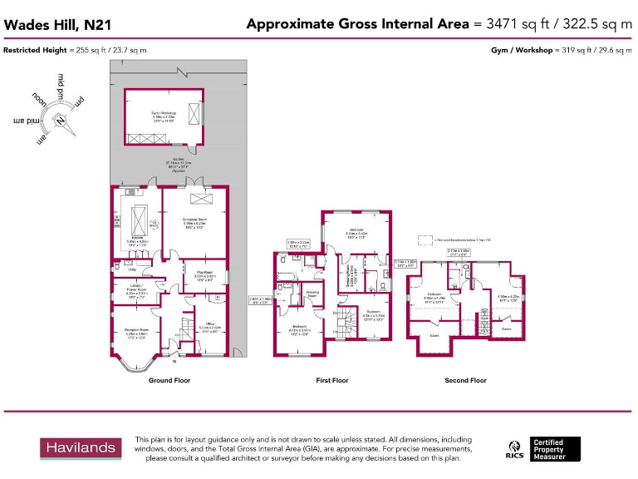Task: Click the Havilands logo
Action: click(80, 447)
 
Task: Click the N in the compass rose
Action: click(60, 119)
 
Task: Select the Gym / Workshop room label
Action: click(164, 114)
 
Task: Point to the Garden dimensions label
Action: click(179, 163)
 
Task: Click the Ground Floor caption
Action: click(169, 380)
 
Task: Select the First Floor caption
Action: click(332, 380)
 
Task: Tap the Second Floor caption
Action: click(466, 380)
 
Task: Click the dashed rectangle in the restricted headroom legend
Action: click(425, 239)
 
